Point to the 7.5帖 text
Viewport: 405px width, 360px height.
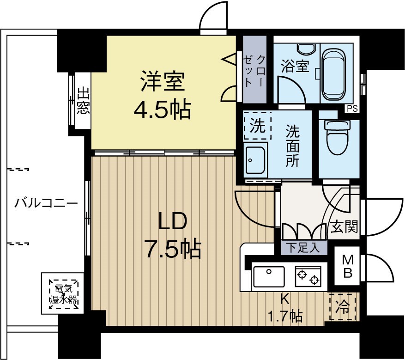click(x=174, y=249)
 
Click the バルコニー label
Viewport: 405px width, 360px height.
click(x=46, y=203)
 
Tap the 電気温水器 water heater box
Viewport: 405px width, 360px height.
click(x=63, y=294)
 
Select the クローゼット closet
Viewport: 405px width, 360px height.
click(x=254, y=69)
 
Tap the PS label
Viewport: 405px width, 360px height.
click(x=352, y=109)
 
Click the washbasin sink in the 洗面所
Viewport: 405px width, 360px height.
click(x=255, y=160)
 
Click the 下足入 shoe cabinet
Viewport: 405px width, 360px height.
click(x=304, y=248)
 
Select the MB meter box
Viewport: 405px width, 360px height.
click(x=347, y=266)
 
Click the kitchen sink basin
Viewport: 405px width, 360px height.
click(x=269, y=276)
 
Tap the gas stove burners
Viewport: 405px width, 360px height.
click(x=308, y=276)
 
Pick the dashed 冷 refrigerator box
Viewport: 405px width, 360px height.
click(x=343, y=307)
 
